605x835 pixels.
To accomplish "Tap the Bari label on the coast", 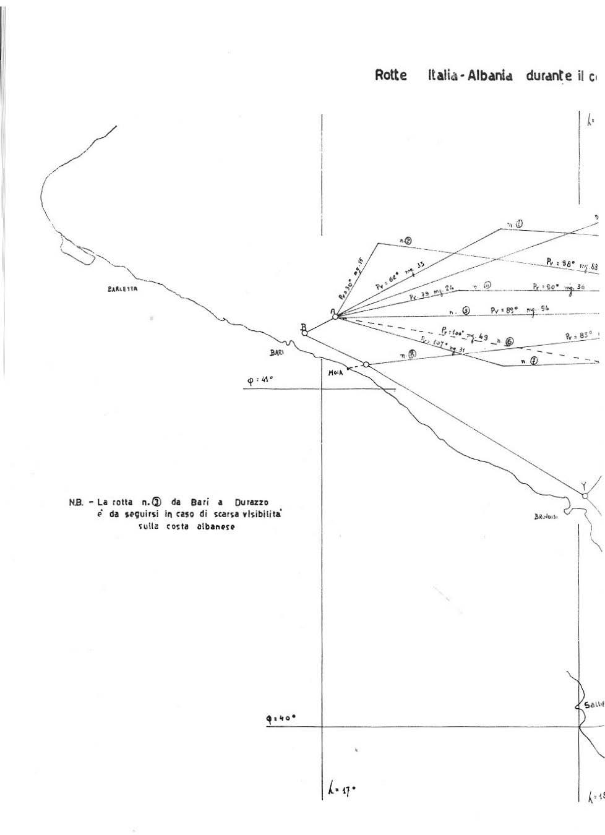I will tap(276, 352).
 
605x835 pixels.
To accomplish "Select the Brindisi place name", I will tap(546, 518).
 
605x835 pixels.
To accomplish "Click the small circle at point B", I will tap(304, 333).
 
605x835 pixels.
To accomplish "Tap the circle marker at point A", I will tap(335, 317).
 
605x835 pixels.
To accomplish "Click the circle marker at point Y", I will tap(585, 495).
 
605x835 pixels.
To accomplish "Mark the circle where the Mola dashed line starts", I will tap(366, 365).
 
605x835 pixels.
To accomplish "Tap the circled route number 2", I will tap(409, 240).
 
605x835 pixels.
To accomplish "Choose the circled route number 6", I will tap(509, 341).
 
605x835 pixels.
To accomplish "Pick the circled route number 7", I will tap(533, 361).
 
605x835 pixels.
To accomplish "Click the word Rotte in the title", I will tap(391, 75).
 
